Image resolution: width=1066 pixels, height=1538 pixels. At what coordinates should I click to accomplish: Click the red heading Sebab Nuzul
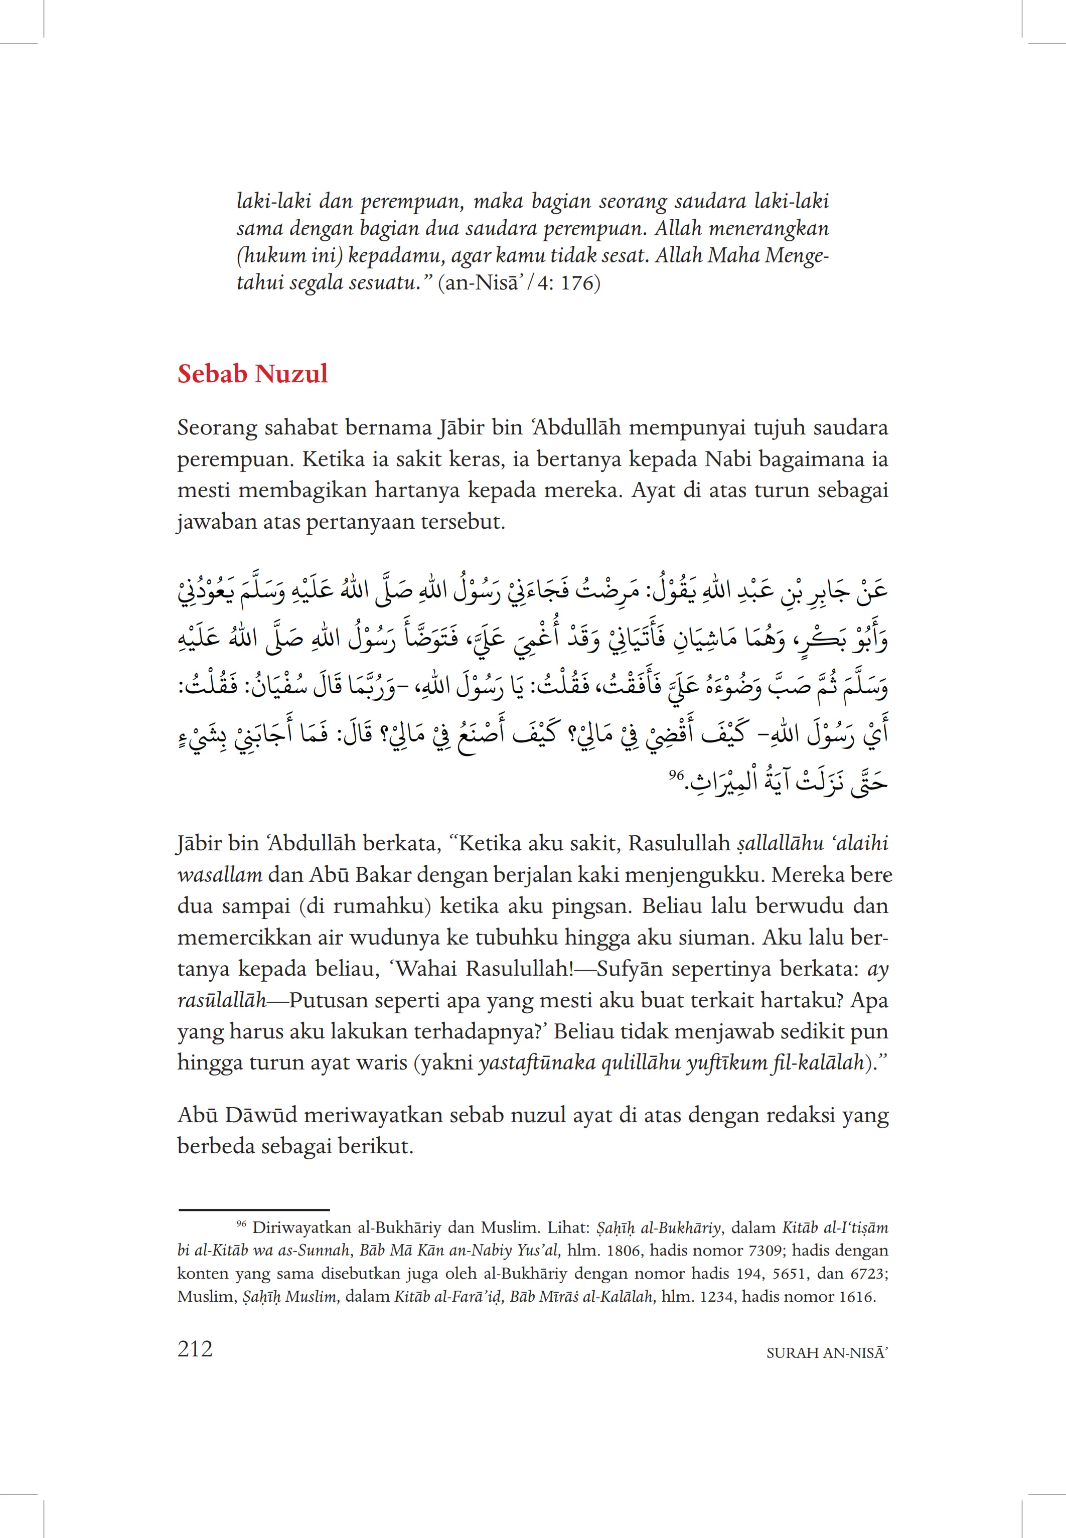coord(252,374)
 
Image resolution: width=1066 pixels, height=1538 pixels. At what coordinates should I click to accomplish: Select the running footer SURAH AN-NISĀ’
coord(827,1353)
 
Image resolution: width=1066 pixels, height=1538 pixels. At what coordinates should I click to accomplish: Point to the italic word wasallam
coord(220,875)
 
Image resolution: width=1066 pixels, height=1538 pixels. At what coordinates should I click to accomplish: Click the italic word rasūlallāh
coord(221,1000)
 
